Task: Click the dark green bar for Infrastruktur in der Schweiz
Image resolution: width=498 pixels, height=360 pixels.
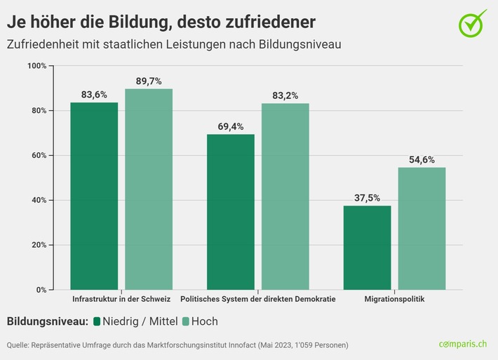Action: coord(94,196)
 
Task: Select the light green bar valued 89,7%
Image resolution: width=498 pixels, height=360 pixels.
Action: coord(149,189)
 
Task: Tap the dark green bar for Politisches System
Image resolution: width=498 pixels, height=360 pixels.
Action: coord(230,211)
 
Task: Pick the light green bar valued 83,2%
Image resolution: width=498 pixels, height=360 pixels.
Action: coord(285,196)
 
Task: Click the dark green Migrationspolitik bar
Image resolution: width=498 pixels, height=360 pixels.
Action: coord(367,247)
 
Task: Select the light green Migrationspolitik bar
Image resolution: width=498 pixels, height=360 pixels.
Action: coord(422,228)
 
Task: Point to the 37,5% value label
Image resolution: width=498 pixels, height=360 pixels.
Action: coord(367,198)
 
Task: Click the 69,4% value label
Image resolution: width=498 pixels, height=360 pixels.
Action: coord(230,126)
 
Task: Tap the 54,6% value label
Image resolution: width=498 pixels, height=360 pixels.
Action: coord(422,160)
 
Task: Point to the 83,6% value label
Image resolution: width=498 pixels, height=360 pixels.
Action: coord(94,95)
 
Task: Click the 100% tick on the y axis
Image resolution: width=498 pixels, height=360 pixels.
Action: coord(36,66)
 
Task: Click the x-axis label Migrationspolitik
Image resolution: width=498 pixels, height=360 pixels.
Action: coord(394,300)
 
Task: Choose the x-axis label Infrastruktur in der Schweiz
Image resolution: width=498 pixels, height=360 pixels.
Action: coord(121,300)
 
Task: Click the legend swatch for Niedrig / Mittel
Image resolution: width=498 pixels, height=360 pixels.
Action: coord(97,322)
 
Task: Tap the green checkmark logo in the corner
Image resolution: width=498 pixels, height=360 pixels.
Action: coord(472,24)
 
